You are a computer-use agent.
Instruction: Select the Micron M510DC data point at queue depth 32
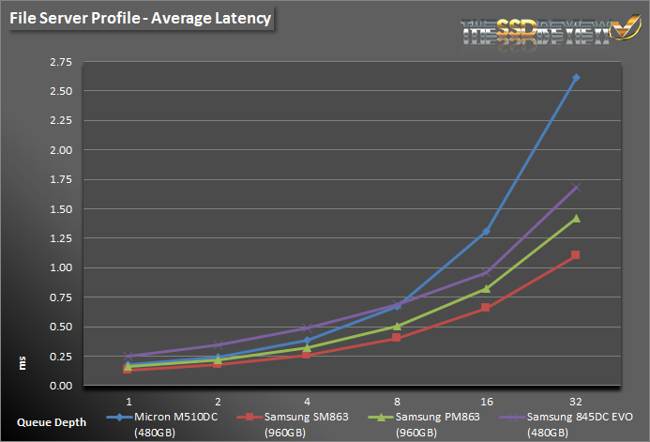[576, 78]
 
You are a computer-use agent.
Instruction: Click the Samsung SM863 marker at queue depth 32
[576, 255]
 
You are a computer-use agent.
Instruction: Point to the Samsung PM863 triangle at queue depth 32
[576, 219]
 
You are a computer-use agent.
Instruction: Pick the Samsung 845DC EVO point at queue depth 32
[576, 188]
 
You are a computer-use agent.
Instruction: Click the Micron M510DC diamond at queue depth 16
[486, 231]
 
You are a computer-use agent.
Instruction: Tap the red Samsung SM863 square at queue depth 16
[486, 308]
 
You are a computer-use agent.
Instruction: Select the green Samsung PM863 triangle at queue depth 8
[397, 327]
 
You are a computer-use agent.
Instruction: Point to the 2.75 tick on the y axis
[60, 62]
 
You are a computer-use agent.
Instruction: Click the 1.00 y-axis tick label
[60, 268]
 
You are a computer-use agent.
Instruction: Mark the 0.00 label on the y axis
[60, 386]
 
